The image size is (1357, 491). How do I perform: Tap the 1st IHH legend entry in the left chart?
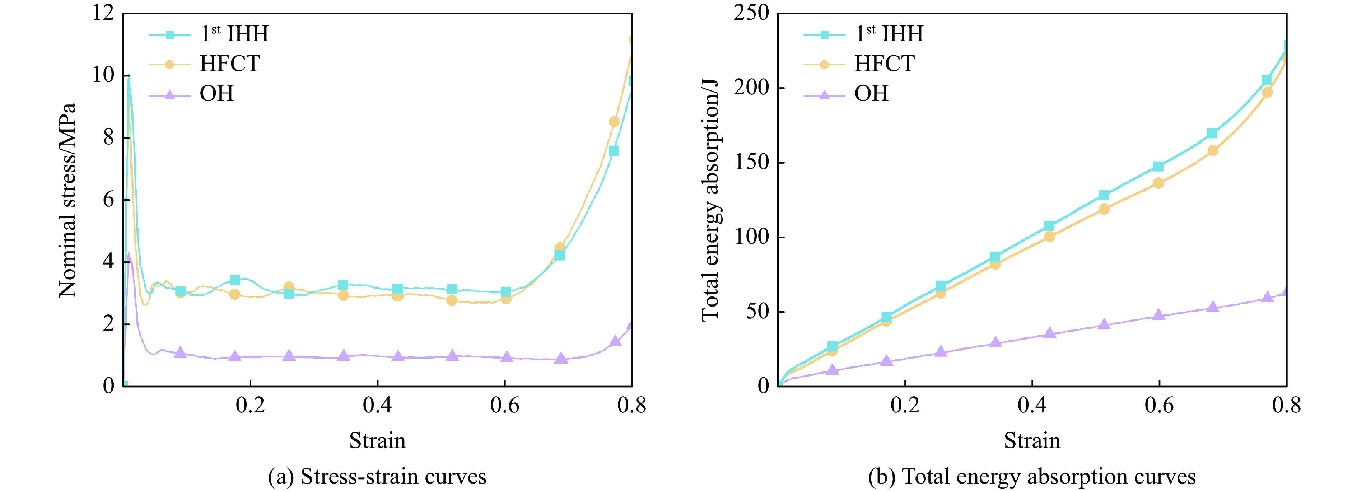pyautogui.click(x=234, y=34)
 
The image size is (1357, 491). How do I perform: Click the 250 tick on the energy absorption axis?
pyautogui.click(x=751, y=13)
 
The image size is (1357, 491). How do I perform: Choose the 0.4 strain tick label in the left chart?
pyautogui.click(x=377, y=406)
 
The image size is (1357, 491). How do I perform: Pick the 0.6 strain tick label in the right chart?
pyautogui.click(x=1159, y=406)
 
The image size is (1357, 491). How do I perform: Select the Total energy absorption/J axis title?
pyautogui.click(x=710, y=200)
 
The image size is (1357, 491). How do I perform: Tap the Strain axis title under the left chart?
pyautogui.click(x=377, y=440)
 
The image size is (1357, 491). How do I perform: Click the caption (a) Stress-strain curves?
pyautogui.click(x=377, y=477)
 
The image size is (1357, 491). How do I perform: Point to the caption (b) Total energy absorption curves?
pyautogui.click(x=1031, y=477)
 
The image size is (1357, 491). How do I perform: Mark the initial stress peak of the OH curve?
pyautogui.click(x=129, y=254)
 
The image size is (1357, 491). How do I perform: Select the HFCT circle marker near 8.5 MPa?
pyautogui.click(x=614, y=122)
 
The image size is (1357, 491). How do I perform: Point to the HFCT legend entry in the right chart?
pyautogui.click(x=884, y=64)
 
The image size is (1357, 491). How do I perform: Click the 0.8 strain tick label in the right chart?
pyautogui.click(x=1286, y=406)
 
